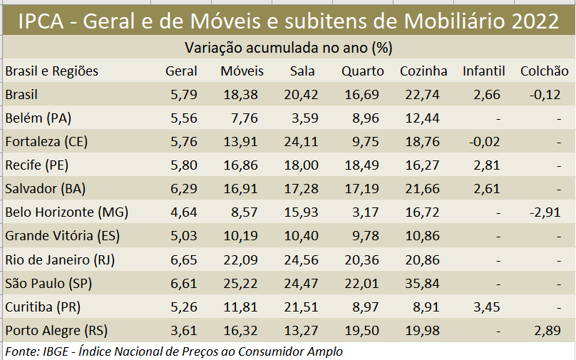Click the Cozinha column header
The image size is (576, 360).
tap(423, 71)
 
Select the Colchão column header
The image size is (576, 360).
tap(545, 71)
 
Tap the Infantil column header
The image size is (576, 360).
tap(483, 71)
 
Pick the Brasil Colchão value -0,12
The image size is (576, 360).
tap(545, 95)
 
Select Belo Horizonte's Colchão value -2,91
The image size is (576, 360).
tap(545, 212)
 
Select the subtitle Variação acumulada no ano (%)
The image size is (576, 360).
tap(289, 48)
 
